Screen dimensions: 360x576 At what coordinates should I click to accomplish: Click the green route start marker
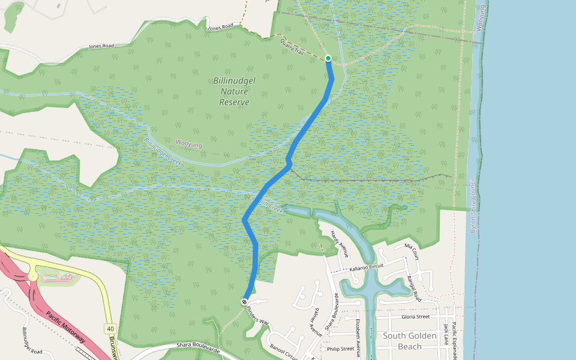(328, 58)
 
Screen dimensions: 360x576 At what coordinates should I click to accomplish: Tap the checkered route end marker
(245, 301)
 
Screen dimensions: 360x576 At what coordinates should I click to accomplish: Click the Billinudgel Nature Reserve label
(231, 91)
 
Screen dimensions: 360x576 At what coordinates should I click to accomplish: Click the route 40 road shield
(110, 329)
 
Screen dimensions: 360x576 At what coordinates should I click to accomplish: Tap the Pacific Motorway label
(65, 326)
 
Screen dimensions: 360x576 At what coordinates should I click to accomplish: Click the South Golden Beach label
(410, 341)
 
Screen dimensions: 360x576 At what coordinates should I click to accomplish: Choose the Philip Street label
(340, 349)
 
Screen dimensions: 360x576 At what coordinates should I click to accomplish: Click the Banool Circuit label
(283, 348)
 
